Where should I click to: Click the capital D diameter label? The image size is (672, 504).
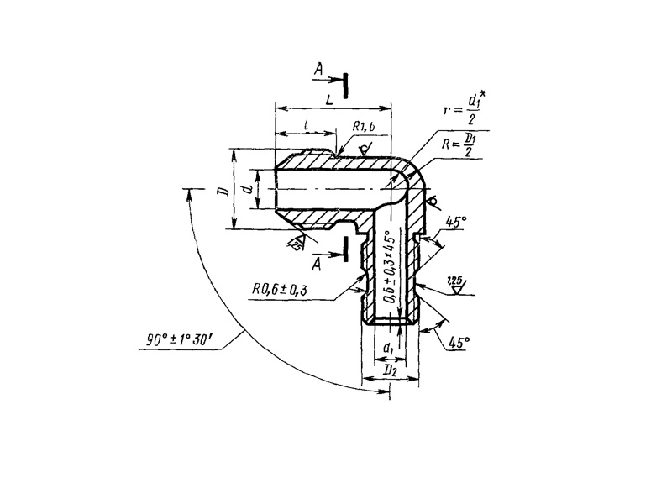(x=222, y=191)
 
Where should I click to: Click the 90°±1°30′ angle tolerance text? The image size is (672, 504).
(x=180, y=341)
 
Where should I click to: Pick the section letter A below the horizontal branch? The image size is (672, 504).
(x=318, y=265)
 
